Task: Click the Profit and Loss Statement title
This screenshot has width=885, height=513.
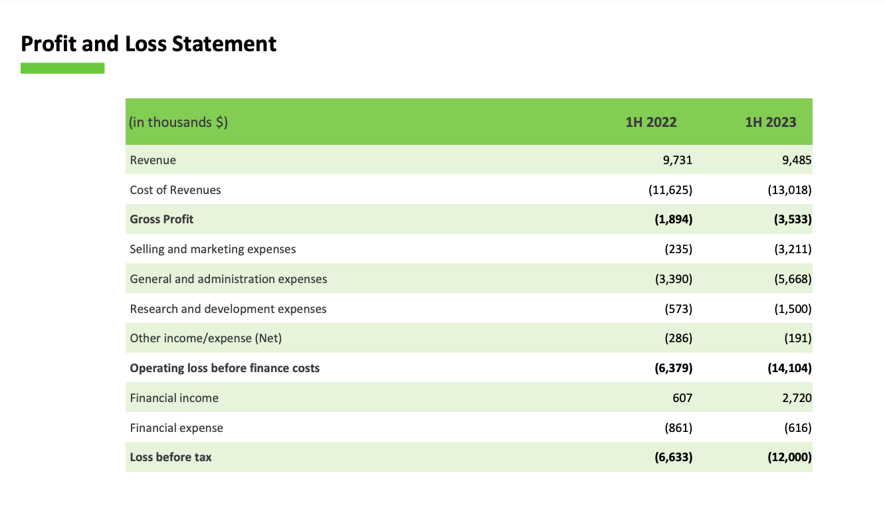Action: pyautogui.click(x=149, y=44)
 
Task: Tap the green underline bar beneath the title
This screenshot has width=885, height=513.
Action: pyautogui.click(x=62, y=68)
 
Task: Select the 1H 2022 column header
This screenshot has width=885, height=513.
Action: pyautogui.click(x=651, y=122)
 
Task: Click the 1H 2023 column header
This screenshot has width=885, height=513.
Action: pyautogui.click(x=771, y=122)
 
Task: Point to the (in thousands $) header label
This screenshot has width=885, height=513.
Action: pyautogui.click(x=179, y=122)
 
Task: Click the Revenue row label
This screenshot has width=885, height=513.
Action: pyautogui.click(x=153, y=160)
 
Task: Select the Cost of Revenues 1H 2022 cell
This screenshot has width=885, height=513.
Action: pyautogui.click(x=670, y=190)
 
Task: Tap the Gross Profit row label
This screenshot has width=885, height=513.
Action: pyautogui.click(x=161, y=219)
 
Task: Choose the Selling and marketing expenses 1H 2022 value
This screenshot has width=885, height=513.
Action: pyautogui.click(x=678, y=249)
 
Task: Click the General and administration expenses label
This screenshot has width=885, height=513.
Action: pyautogui.click(x=229, y=279)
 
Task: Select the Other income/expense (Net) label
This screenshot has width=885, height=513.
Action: pyautogui.click(x=206, y=338)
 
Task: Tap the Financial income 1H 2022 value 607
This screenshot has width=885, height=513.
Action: pyautogui.click(x=682, y=398)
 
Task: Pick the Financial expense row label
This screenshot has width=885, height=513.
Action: pyautogui.click(x=177, y=428)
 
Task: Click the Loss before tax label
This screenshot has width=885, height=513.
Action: pyautogui.click(x=171, y=457)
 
